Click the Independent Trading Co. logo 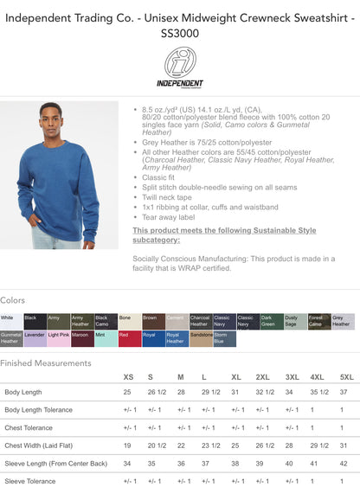tap(180, 67)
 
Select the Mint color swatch tap(106, 338)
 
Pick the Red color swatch tap(130, 338)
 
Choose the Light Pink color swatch tap(59, 338)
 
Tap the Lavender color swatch tap(35, 338)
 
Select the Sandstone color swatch tap(201, 338)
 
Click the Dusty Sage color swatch tap(295, 322)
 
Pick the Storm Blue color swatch tap(224, 338)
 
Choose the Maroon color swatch tap(82, 338)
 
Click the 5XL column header tap(346, 377)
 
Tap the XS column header tap(128, 377)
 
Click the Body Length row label tap(24, 393)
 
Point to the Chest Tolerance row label tap(29, 427)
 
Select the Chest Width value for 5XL tap(344, 446)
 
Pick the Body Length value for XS tap(127, 393)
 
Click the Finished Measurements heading tap(45, 363)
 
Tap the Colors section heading tap(13, 300)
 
